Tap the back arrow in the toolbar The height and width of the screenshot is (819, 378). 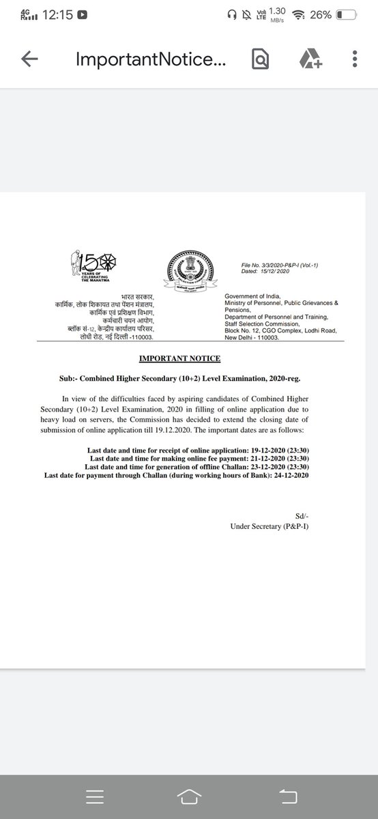click(x=29, y=60)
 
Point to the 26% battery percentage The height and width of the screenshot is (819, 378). click(x=320, y=14)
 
